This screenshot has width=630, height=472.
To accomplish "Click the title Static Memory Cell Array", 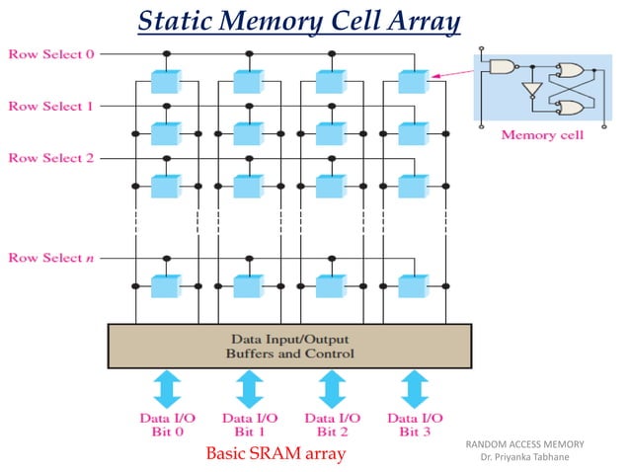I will click(298, 20).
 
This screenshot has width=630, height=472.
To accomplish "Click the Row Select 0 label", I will click(50, 53).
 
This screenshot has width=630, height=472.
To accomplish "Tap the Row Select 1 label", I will click(50, 106).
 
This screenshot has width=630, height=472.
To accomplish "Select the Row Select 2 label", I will click(50, 158).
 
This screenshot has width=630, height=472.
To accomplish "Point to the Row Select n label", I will click(50, 258).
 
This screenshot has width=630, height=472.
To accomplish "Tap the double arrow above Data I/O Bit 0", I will click(166, 389).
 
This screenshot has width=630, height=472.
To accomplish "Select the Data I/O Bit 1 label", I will click(249, 426).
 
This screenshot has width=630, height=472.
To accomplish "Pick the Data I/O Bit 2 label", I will click(332, 426).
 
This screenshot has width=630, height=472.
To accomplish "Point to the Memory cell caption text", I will click(542, 135).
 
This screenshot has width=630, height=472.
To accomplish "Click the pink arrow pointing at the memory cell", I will click(450, 72).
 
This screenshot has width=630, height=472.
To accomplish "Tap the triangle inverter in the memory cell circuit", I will click(532, 90).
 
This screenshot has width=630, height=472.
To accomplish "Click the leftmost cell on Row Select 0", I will click(166, 81).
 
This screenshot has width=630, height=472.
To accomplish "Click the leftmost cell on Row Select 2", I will click(166, 185).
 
